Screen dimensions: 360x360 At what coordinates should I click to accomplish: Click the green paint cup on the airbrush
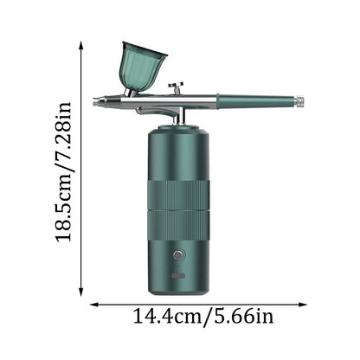pyautogui.click(x=143, y=67)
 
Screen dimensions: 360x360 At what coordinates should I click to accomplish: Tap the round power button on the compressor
pyautogui.click(x=178, y=255)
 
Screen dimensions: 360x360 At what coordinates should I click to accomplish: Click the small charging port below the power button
pyautogui.click(x=178, y=276)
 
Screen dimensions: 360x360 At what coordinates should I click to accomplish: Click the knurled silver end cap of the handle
pyautogui.click(x=300, y=101)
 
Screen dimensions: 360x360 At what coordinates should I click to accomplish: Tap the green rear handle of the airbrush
pyautogui.click(x=257, y=101)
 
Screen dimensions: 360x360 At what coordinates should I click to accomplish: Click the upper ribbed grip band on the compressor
pyautogui.click(x=178, y=194)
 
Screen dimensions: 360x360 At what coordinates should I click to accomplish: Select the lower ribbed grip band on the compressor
pyautogui.click(x=178, y=225)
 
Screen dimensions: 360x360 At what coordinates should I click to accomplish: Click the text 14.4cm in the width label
pyautogui.click(x=167, y=317)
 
